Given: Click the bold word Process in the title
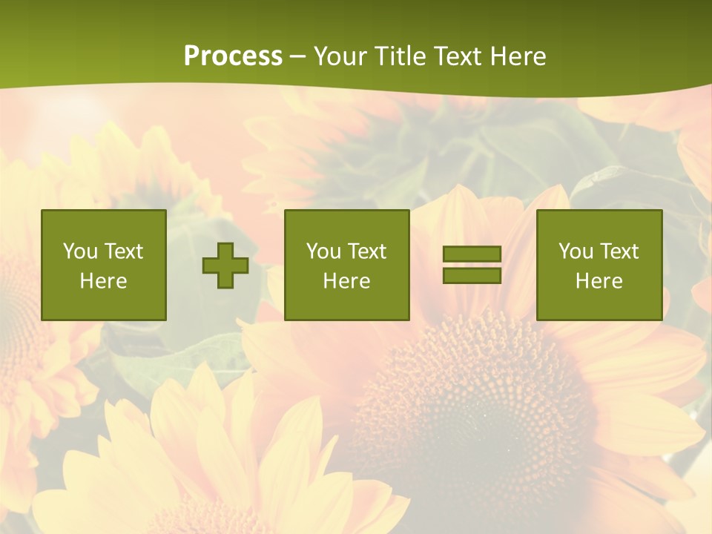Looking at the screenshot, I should [x=233, y=56].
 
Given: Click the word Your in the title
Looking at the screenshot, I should [x=340, y=56].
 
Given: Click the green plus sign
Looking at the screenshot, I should [x=225, y=266].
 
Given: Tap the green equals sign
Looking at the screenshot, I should [x=472, y=265].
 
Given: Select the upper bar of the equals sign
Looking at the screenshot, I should [x=472, y=254].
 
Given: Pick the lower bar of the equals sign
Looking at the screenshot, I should [x=472, y=275].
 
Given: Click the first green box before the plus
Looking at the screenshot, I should [x=104, y=265].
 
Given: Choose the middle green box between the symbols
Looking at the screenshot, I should [x=346, y=265].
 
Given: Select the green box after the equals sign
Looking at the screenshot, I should [x=599, y=265].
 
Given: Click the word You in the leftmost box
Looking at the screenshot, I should [x=80, y=251].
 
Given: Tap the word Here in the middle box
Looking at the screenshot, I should [x=346, y=281].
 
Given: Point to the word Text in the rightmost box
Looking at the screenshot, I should [x=620, y=251].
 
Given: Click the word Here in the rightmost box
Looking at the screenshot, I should [x=599, y=281].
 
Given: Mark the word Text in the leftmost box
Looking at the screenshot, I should [x=124, y=251].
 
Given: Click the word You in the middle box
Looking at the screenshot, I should [x=323, y=251].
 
